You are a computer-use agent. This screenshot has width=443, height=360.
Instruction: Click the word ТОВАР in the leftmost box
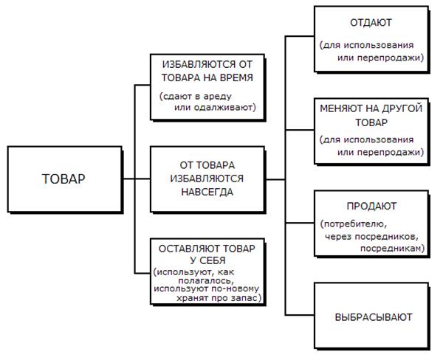pyautogui.click(x=63, y=179)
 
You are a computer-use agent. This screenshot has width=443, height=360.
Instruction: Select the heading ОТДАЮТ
pyautogui.click(x=371, y=23)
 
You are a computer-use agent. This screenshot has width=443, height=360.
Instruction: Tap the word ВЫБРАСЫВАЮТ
pyautogui.click(x=374, y=317)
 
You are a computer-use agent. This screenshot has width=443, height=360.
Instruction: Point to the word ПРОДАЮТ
pyautogui.click(x=371, y=206)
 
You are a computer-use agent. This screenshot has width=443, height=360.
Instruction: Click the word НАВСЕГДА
pyautogui.click(x=207, y=192)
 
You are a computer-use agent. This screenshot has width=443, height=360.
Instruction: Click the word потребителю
pyautogui.click(x=354, y=224)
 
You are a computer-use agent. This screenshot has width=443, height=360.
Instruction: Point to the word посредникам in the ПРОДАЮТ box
pyautogui.click(x=391, y=249)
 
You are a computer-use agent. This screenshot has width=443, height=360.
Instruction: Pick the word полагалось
pyautogui.click(x=205, y=280)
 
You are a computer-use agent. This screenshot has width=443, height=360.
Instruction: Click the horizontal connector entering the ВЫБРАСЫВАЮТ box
pyautogui.click(x=300, y=315)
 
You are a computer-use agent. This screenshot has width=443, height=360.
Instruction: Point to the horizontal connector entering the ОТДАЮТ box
pyautogui.click(x=300, y=36)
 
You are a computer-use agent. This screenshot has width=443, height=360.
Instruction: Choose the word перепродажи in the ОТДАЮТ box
pyautogui.click(x=389, y=58)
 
